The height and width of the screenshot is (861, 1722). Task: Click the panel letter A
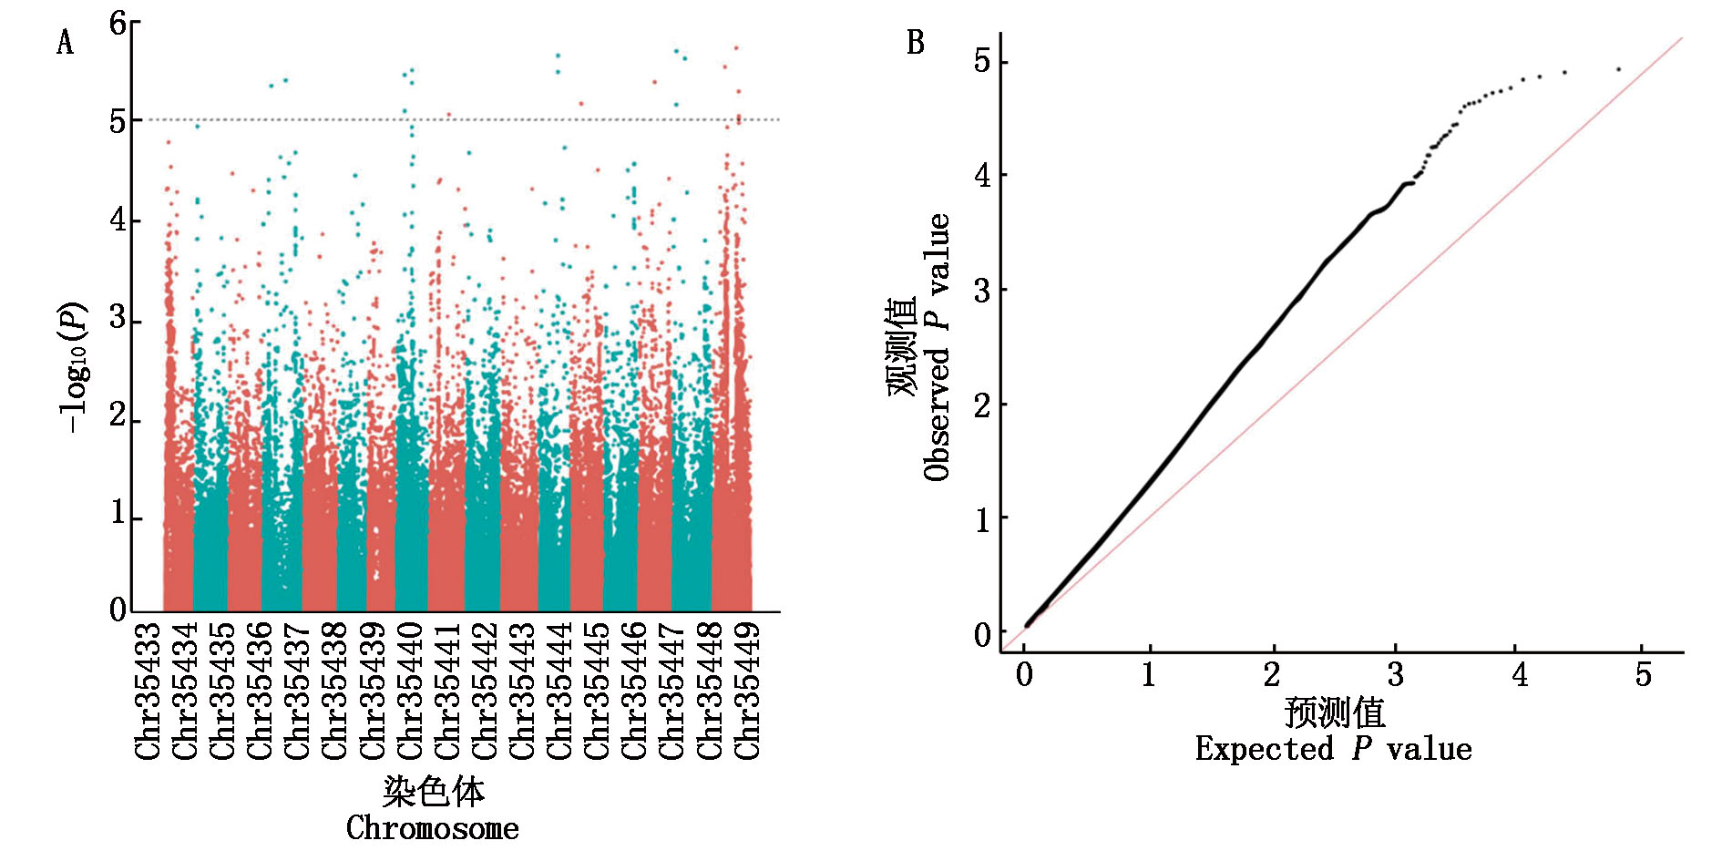point(65,43)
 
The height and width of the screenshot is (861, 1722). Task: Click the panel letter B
point(915,43)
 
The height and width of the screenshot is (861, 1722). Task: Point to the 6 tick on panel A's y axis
point(118,23)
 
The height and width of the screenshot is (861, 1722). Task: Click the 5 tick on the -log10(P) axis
point(118,120)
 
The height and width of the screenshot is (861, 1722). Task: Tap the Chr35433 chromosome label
point(148,690)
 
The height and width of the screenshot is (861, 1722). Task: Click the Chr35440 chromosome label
point(410,690)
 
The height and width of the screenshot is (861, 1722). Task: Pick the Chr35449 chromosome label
point(747,690)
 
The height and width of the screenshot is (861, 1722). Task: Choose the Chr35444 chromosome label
point(559,690)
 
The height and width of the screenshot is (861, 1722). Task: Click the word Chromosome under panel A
point(433,828)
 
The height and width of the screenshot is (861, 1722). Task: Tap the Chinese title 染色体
point(433,792)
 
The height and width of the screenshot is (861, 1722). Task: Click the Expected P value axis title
point(1333,749)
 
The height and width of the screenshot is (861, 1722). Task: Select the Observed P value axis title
point(938,346)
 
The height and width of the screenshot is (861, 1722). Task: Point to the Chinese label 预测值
point(1335,712)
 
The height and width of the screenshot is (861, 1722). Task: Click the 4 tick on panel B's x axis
point(1519,675)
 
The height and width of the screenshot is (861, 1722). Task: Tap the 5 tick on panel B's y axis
point(982,62)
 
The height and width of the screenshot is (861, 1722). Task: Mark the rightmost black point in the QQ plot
point(1618,69)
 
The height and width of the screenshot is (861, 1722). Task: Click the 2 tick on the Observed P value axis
point(982,405)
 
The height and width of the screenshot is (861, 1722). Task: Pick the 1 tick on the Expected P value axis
point(1149,675)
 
